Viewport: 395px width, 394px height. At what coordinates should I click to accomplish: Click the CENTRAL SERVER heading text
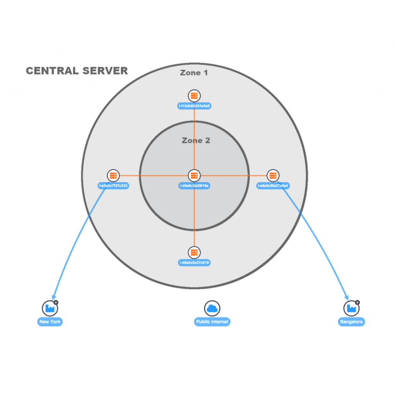(x=76, y=71)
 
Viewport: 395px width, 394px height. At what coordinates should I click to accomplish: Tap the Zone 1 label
(x=194, y=72)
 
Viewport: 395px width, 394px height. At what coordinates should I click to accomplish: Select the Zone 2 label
(x=196, y=140)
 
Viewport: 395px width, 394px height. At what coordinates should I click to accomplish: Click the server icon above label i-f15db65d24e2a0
(x=194, y=96)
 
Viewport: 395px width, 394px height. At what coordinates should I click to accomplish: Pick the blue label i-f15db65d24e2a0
(x=194, y=106)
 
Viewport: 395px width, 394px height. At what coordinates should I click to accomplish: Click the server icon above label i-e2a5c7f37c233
(x=113, y=176)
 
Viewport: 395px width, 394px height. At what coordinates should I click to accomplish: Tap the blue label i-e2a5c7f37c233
(x=113, y=186)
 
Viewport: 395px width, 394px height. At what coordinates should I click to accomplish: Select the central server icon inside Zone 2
(x=194, y=176)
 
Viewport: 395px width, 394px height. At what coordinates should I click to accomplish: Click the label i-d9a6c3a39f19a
(x=194, y=186)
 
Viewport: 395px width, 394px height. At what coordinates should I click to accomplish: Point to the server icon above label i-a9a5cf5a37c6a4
(x=273, y=176)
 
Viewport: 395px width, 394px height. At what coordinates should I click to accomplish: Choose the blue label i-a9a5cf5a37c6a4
(x=273, y=186)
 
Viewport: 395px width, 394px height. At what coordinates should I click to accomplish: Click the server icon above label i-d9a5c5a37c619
(x=194, y=253)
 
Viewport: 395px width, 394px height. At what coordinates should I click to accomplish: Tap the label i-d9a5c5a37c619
(x=194, y=263)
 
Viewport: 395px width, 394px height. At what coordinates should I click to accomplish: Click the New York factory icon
(x=49, y=308)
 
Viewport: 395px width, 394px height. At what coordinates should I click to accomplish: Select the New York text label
(x=50, y=322)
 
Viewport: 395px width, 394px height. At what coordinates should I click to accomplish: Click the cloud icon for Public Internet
(x=212, y=308)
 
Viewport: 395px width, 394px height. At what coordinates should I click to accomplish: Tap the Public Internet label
(x=212, y=322)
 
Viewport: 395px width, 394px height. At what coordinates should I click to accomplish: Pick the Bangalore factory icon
(x=351, y=308)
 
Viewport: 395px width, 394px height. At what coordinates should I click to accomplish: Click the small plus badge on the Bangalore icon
(x=357, y=303)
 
